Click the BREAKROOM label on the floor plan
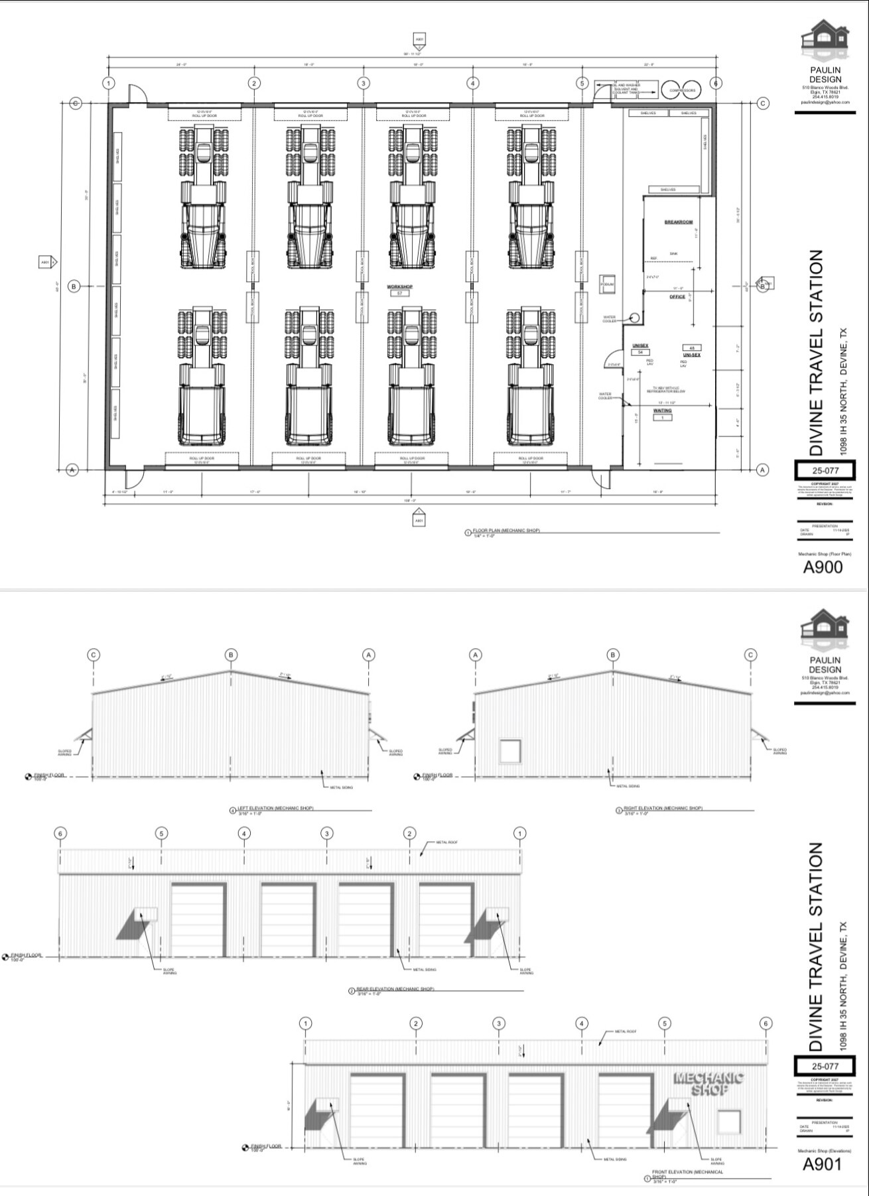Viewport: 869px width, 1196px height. pos(678,222)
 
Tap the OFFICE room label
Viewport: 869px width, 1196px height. pos(677,297)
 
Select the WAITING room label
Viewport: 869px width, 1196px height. pos(662,411)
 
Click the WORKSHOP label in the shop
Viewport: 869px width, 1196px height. pos(400,287)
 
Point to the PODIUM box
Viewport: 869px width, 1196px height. pos(607,285)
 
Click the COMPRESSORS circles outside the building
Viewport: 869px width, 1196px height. pos(682,90)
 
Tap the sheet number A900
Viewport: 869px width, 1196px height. pos(823,567)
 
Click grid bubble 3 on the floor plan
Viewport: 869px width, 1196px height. pos(364,83)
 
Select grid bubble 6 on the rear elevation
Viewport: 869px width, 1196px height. pos(61,833)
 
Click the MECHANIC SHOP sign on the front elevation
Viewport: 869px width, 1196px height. pos(708,1084)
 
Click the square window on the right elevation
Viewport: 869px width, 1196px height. pos(511,752)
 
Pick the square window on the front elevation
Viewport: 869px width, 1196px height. pos(728,1122)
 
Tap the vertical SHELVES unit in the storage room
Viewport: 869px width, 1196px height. pos(705,142)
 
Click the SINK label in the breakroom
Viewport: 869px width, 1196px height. pos(673,254)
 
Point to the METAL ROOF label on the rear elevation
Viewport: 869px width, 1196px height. pos(446,842)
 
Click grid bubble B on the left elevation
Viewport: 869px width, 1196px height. pos(231,655)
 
